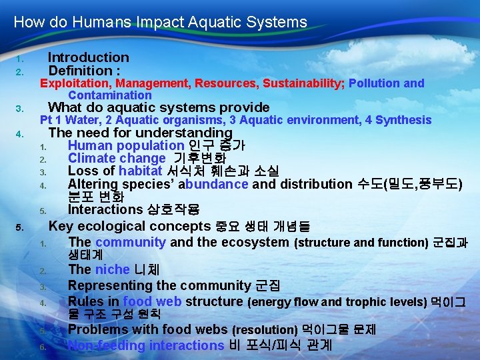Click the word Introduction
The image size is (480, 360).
(x=88, y=58)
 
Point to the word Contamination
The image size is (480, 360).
(x=109, y=95)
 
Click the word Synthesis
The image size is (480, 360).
(x=403, y=120)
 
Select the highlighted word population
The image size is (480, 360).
(x=153, y=145)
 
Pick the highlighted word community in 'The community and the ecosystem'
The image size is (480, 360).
(x=131, y=242)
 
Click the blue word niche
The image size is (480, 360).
(x=113, y=269)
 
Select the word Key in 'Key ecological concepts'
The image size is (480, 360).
(x=61, y=225)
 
